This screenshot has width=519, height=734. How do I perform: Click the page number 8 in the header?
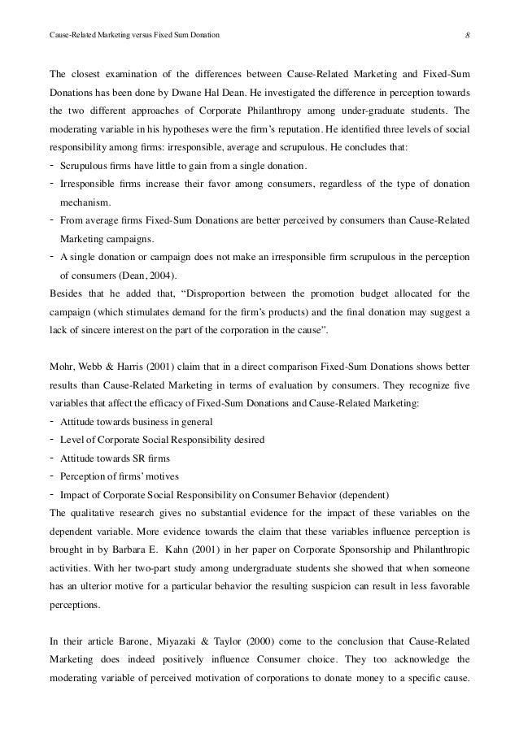coord(467,35)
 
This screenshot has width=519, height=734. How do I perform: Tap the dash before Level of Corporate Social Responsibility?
coord(52,439)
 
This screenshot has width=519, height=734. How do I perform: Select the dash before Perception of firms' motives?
coord(52,476)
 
